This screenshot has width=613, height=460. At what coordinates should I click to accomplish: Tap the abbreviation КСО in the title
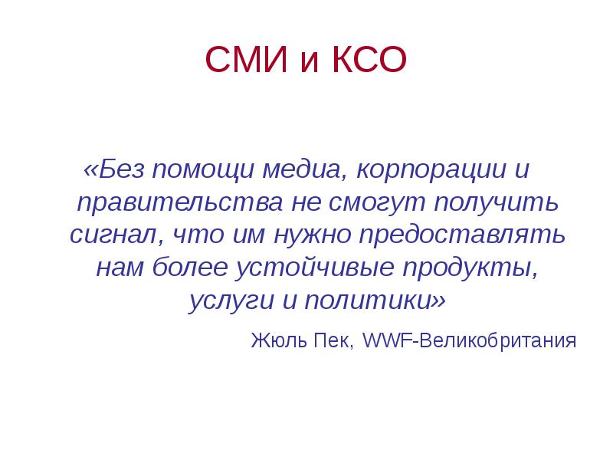point(366,61)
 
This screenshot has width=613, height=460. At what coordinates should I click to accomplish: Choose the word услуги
point(225,300)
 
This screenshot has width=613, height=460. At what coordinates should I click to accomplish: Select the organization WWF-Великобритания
point(468,339)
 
